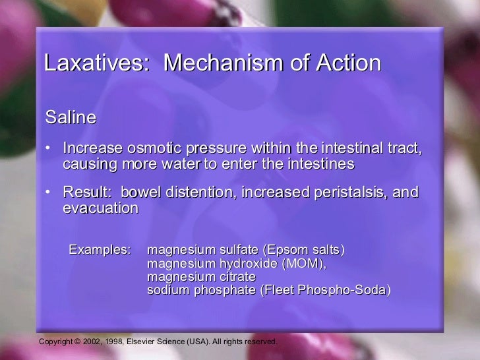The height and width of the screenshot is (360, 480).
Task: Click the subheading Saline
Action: point(71,118)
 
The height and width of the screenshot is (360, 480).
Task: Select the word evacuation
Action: point(100,208)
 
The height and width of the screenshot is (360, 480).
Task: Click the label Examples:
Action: point(100,251)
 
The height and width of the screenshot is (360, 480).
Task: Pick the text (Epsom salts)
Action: point(303,251)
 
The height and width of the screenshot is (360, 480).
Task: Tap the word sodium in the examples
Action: point(167,290)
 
